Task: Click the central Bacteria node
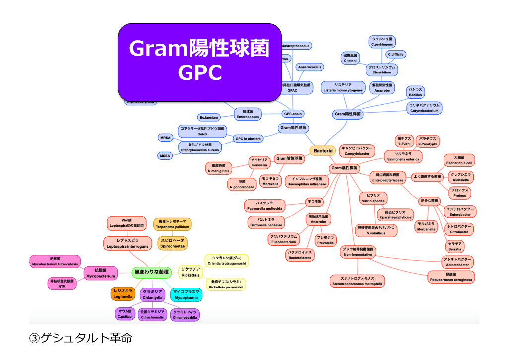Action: [x=323, y=150]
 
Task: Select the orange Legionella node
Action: [x=122, y=294]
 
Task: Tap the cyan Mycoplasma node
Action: [x=186, y=294]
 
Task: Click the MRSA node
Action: [x=165, y=137]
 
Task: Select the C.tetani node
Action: [x=351, y=58]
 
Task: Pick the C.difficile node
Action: [x=396, y=54]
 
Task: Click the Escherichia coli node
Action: [x=459, y=160]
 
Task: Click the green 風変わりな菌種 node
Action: [x=151, y=272]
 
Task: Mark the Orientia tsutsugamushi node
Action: [x=226, y=261]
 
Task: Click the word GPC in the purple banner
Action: [x=199, y=72]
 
